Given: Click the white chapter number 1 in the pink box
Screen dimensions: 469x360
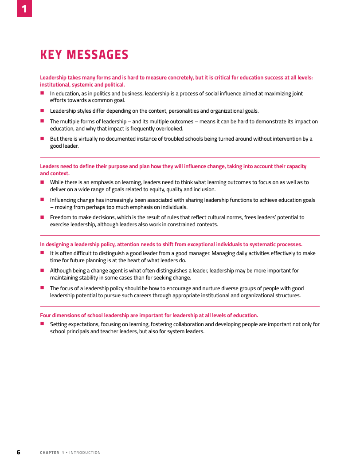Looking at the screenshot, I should pyautogui.click(x=24, y=8).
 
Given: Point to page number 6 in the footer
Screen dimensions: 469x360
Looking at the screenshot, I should pyautogui.click(x=18, y=452).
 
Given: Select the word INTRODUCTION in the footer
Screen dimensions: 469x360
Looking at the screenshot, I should pyautogui.click(x=85, y=453).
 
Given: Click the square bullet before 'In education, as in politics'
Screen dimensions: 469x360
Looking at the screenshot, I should pyautogui.click(x=42, y=93).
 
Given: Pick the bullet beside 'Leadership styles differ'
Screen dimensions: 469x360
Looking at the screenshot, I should pyautogui.click(x=42, y=110).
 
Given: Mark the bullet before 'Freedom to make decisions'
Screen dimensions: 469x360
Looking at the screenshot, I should pyautogui.click(x=42, y=217).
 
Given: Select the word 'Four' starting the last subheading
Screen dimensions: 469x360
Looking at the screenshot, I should pyautogui.click(x=46, y=315).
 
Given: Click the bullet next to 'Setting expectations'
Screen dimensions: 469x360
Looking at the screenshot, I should pyautogui.click(x=42, y=324).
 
